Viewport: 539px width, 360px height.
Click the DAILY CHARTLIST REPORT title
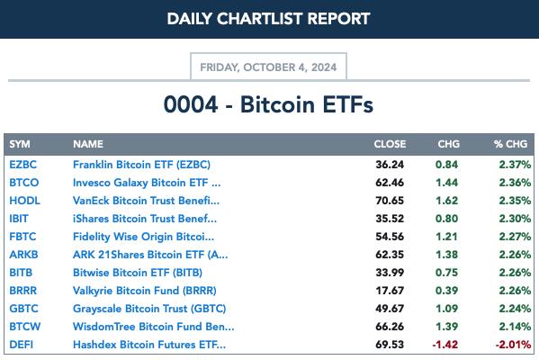(268, 19)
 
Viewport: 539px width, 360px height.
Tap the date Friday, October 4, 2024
(268, 67)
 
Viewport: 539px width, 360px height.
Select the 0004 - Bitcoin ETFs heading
(268, 104)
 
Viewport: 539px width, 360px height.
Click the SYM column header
(20, 144)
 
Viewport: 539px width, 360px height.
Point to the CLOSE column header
(390, 144)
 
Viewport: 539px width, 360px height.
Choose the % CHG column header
(510, 144)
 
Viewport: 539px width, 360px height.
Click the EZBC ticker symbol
(23, 165)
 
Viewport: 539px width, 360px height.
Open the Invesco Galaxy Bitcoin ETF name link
(147, 183)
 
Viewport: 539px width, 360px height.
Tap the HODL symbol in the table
(25, 201)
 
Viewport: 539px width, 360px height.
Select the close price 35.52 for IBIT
(390, 219)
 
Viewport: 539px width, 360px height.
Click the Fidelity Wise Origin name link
(143, 237)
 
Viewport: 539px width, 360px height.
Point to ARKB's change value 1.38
(446, 255)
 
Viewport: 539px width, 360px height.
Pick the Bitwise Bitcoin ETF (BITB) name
(138, 273)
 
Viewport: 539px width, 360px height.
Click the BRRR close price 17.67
(390, 291)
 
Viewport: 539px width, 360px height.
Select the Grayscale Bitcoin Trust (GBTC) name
(149, 309)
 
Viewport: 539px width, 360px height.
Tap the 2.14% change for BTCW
(515, 327)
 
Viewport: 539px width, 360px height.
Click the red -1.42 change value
(445, 345)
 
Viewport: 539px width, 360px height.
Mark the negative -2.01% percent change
(513, 345)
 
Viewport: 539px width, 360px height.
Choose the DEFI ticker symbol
(22, 345)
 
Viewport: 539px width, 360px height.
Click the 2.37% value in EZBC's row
(515, 165)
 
